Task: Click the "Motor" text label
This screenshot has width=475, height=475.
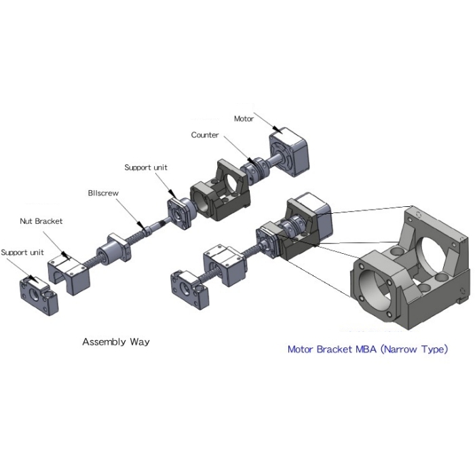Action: point(244,118)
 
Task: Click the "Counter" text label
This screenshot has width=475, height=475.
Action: point(204,135)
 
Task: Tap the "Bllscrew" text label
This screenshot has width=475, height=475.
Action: point(103,193)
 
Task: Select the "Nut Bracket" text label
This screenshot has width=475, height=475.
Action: point(41,221)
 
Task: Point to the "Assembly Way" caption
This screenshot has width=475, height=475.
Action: point(115,341)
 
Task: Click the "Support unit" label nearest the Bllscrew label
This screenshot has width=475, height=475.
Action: point(145,167)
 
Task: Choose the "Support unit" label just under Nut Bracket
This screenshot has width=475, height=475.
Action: point(22,252)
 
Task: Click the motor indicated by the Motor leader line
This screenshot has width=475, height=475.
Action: point(290,155)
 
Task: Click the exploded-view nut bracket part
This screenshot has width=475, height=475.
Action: point(68,271)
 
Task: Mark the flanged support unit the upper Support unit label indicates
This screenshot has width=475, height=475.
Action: point(180,213)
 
